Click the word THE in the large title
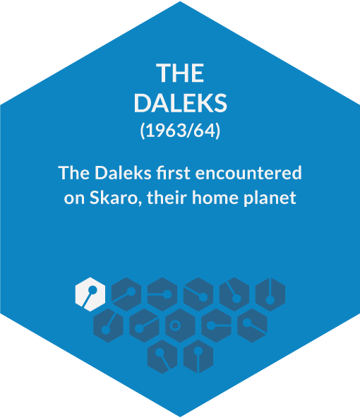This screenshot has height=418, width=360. tap(180, 73)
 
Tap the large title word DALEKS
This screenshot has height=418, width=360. tap(181, 103)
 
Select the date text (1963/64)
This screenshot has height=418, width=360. tap(181, 131)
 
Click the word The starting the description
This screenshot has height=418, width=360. tap(74, 173)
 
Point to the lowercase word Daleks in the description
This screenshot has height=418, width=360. tap(123, 173)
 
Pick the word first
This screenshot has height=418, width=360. tap(174, 173)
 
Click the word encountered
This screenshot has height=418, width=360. tap(248, 173)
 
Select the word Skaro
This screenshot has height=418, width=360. tap(113, 198)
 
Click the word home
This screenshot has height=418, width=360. tap(215, 198)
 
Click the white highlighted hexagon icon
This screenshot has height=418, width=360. tap(90, 294)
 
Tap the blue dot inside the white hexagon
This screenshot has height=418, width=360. tap(92, 289)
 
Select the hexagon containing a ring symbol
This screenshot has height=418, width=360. tap(181, 326)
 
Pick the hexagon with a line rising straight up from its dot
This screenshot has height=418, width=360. tap(270, 294)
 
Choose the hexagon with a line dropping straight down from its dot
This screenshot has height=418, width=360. tap(198, 357)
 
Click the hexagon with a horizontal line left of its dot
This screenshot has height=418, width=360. tap(162, 294)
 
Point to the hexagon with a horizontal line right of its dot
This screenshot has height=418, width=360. tap(217, 326)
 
